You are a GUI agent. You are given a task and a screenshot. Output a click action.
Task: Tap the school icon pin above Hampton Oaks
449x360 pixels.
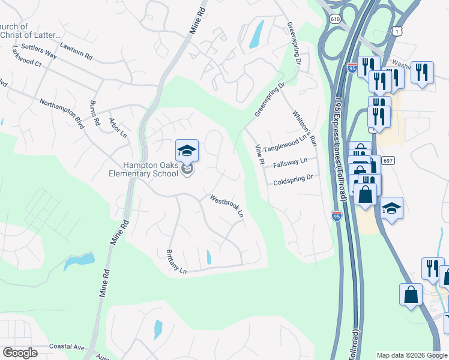click(x=187, y=151)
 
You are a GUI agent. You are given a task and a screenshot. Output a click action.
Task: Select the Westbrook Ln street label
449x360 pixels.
click(x=226, y=205)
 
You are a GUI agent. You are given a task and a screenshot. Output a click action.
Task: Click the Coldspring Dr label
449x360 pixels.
click(x=293, y=179)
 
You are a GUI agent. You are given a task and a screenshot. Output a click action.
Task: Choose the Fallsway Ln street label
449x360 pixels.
click(x=290, y=162)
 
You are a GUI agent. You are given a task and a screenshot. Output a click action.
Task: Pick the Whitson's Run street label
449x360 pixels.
click(x=304, y=128)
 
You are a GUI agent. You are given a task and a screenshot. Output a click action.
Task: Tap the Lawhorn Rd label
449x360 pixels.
click(x=76, y=52)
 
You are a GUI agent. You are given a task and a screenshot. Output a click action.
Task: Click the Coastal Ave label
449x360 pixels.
click(x=67, y=346)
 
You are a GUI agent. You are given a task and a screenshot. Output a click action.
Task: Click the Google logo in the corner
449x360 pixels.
click(x=20, y=353)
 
